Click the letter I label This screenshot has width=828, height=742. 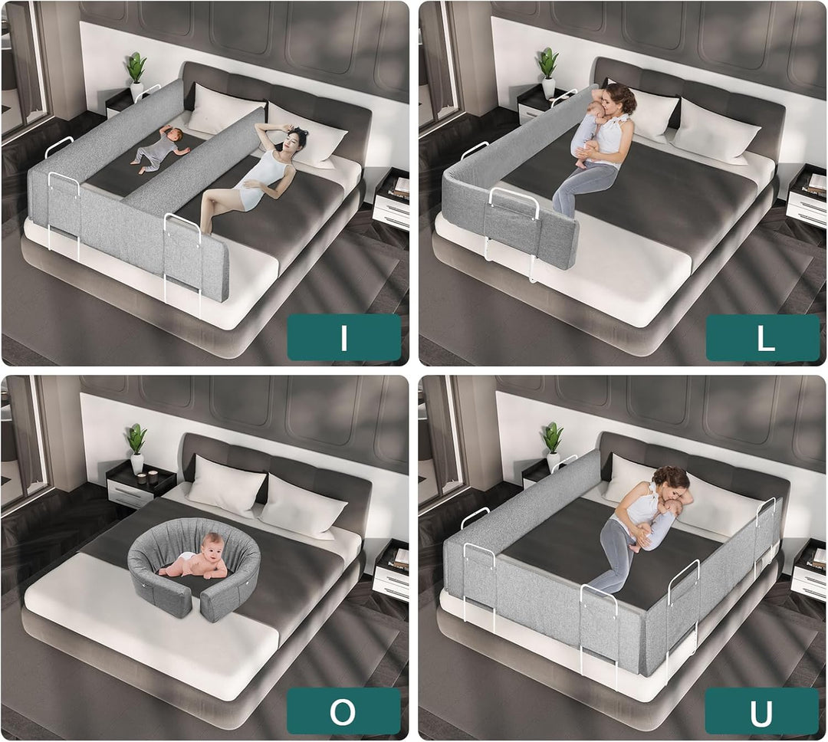(343, 337)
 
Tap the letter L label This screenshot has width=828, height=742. (763, 337)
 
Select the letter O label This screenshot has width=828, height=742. (343, 711)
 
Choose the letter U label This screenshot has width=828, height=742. (761, 711)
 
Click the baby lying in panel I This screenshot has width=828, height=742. (159, 148)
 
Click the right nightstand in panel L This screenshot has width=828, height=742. (807, 195)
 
